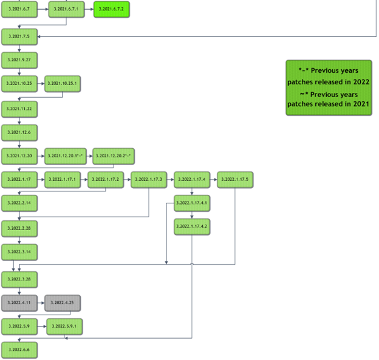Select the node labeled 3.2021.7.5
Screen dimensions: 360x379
pyautogui.click(x=19, y=36)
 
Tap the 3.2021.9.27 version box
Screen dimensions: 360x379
pyautogui.click(x=19, y=60)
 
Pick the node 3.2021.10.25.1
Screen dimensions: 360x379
pyautogui.click(x=63, y=84)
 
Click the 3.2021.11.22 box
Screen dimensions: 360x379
pyautogui.click(x=19, y=108)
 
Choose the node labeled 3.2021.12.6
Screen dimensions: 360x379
pyautogui.click(x=19, y=132)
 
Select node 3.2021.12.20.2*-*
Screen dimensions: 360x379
pyautogui.click(x=114, y=156)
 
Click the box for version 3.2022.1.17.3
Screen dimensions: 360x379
pyautogui.click(x=149, y=180)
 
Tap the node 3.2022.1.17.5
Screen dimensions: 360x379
pyautogui.click(x=235, y=180)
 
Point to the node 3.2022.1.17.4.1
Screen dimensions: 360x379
pyautogui.click(x=192, y=203)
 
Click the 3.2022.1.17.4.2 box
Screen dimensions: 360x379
pyautogui.click(x=192, y=226)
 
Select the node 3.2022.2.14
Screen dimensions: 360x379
pyautogui.click(x=19, y=203)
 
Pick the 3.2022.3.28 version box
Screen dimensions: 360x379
pyautogui.click(x=19, y=279)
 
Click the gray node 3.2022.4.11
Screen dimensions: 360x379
pyautogui.click(x=19, y=302)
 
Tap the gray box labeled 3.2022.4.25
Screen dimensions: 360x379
pyautogui.click(x=63, y=302)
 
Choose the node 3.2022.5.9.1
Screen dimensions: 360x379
pyautogui.click(x=64, y=327)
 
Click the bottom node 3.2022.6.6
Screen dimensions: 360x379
pyautogui.click(x=19, y=350)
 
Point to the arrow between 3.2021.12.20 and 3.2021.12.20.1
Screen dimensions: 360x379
pyautogui.click(x=41, y=156)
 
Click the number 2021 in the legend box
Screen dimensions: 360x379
pyautogui.click(x=358, y=104)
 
